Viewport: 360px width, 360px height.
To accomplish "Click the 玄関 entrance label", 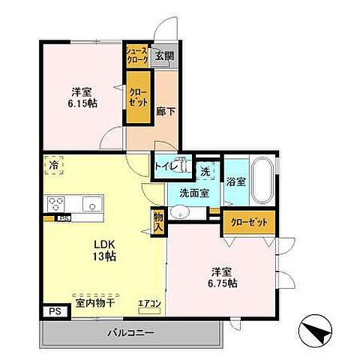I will (x=163, y=55).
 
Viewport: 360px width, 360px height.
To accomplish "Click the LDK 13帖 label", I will (x=104, y=250).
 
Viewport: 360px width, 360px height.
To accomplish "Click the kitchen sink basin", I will (x=92, y=203).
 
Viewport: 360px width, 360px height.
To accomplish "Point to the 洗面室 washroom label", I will (x=193, y=193).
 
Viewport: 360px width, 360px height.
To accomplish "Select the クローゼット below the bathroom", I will (x=248, y=223).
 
